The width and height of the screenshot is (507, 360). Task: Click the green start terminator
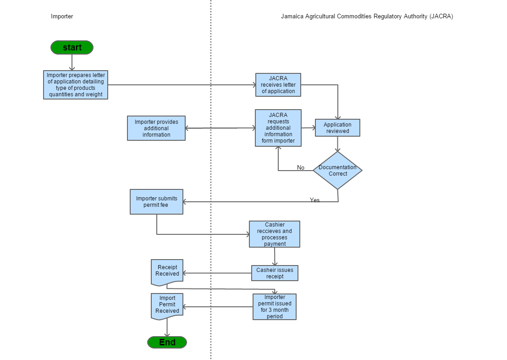click(72, 48)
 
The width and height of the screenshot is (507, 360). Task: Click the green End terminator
click(167, 343)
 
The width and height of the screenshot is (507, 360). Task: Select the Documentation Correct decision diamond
click(337, 171)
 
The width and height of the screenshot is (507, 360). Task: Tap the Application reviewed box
click(337, 128)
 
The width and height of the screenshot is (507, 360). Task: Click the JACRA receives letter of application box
click(278, 85)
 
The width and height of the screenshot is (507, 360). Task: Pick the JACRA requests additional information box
click(278, 128)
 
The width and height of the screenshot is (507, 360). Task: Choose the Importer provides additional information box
click(156, 128)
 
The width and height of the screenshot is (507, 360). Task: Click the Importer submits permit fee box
click(156, 202)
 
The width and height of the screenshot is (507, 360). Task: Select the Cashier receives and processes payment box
click(275, 234)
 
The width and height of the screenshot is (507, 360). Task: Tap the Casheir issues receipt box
click(275, 273)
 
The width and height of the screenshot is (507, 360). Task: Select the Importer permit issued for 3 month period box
click(275, 307)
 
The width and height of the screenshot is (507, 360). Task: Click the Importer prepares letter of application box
click(76, 85)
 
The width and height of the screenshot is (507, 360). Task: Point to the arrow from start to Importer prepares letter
click(72, 63)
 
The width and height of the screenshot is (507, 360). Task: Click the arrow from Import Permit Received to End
click(167, 327)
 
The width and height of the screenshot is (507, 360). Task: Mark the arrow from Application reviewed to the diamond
click(337, 144)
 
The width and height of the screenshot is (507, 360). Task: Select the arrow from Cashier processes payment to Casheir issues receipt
click(275, 256)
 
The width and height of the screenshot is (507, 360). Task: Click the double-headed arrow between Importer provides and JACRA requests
click(220, 128)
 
